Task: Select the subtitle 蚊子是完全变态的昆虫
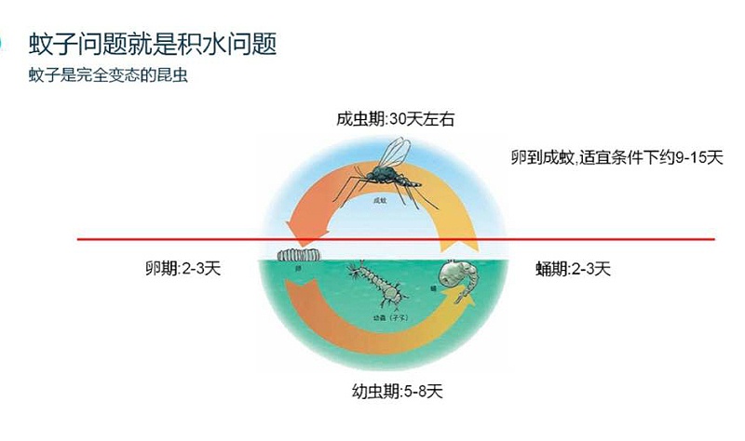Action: click(x=109, y=75)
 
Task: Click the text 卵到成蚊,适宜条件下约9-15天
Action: click(x=616, y=156)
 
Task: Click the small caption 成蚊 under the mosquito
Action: click(x=378, y=200)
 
